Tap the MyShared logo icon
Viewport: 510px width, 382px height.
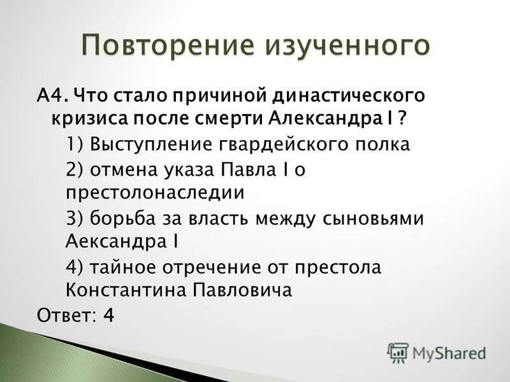[x=398, y=353]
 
